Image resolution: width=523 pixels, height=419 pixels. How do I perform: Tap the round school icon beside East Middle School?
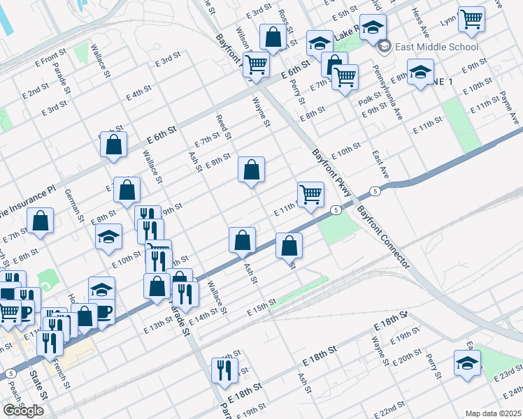pos(383,47)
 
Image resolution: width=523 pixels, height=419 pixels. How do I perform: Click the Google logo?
pos(23,411)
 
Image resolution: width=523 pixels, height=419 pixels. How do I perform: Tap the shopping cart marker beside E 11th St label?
pos(310,194)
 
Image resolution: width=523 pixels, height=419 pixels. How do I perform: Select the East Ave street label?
pos(380,163)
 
